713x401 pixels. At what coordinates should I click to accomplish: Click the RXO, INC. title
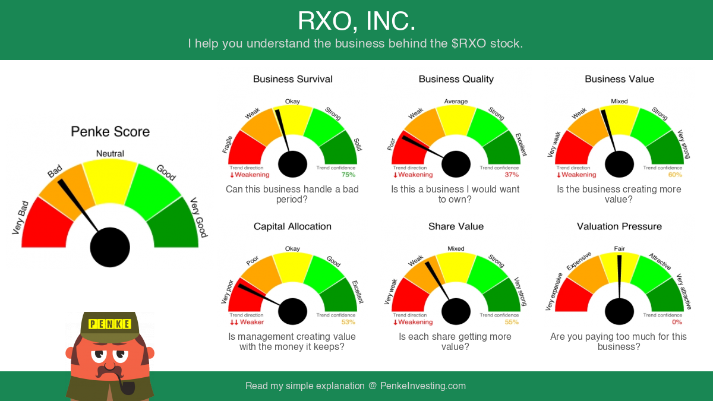click(356, 21)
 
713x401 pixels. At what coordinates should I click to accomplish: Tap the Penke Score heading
click(110, 131)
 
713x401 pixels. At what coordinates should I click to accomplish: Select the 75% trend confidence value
click(348, 175)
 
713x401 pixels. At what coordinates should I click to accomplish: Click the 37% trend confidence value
click(512, 175)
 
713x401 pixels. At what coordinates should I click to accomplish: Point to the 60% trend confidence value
click(675, 175)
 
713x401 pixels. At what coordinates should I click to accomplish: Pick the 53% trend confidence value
click(348, 322)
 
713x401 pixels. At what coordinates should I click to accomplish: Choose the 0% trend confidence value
click(677, 322)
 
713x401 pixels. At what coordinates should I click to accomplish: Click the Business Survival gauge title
click(292, 79)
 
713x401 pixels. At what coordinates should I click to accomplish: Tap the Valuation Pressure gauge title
click(619, 226)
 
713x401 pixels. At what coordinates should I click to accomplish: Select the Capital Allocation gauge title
click(292, 226)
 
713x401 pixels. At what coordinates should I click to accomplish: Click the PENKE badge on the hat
click(110, 324)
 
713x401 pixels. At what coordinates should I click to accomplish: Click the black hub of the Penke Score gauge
click(110, 247)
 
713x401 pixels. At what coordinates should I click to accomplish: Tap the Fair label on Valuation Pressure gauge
click(619, 248)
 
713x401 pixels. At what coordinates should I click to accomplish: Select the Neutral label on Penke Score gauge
click(110, 153)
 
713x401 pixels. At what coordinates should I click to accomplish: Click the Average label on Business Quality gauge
click(456, 102)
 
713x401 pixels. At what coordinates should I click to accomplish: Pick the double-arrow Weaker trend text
click(247, 322)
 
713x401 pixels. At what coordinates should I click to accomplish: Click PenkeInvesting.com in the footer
click(423, 386)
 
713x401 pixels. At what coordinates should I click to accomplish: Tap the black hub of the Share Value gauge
click(456, 311)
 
